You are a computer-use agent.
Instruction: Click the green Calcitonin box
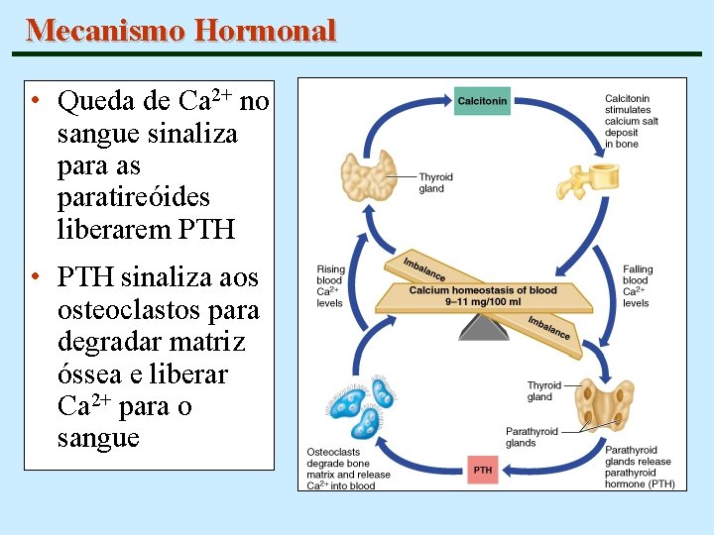[482, 101]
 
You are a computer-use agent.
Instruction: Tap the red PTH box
[483, 470]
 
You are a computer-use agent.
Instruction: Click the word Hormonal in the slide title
[266, 31]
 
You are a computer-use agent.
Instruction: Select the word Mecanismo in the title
[106, 31]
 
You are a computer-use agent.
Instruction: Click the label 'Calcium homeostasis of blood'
[483, 290]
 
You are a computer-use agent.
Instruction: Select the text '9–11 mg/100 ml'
[483, 301]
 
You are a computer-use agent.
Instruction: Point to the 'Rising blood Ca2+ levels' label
[330, 285]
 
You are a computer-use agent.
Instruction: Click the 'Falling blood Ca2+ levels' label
[638, 285]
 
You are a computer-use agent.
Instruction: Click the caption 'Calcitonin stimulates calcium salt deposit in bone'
[631, 121]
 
